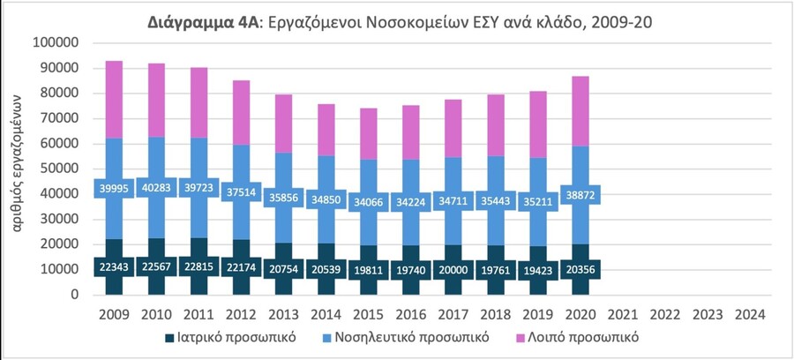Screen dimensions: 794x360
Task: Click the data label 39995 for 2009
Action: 115,188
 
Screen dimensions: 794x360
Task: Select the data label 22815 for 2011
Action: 199,266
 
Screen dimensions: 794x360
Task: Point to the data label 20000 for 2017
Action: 454,270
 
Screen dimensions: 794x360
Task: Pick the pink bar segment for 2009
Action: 115,100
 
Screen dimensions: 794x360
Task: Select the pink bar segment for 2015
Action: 369,133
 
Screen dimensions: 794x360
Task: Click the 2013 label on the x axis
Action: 284,315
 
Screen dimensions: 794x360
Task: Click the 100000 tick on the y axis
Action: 56,43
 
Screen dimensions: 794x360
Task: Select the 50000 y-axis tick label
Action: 60,169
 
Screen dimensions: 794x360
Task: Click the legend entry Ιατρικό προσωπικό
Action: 229,338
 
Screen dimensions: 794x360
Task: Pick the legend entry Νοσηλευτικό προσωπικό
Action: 405,338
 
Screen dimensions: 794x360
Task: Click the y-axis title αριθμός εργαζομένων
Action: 17,162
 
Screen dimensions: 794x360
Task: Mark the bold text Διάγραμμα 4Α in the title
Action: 203,23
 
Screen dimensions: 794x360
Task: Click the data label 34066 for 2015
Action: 369,202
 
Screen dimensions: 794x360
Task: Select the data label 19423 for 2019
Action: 539,270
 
